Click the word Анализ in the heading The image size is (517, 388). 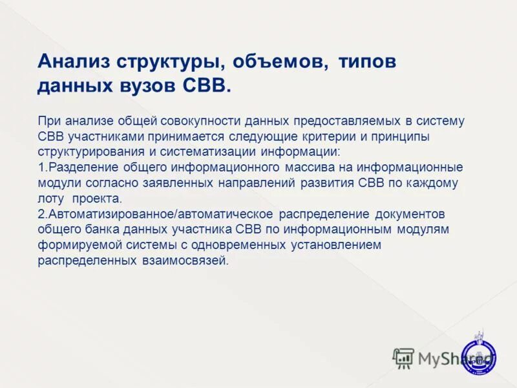click(74, 62)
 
